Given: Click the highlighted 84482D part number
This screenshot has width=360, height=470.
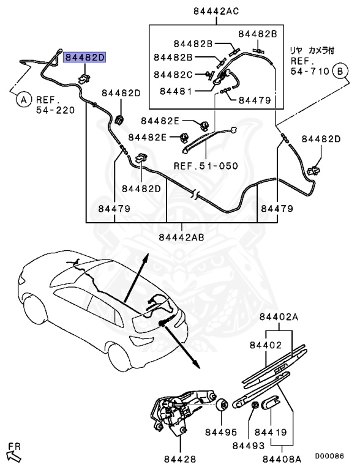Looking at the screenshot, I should coord(86,57).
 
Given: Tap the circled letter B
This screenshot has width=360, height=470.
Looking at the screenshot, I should coord(339,72).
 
